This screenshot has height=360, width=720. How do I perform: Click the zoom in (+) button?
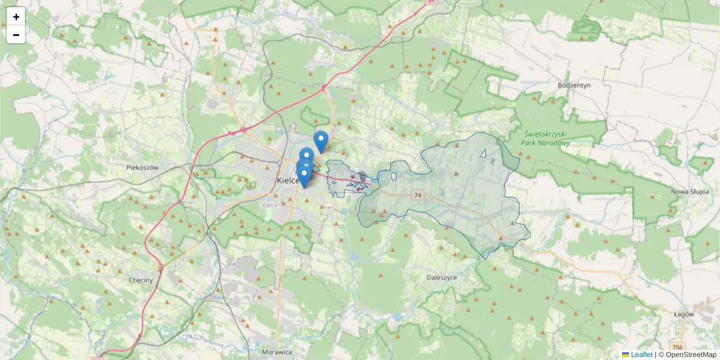tap(16, 17)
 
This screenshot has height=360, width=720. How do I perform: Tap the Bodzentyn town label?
tap(574, 85)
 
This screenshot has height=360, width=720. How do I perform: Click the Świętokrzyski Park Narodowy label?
tap(545, 139)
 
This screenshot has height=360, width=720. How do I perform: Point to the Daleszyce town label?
tap(442, 278)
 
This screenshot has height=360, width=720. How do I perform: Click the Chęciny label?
tap(141, 280)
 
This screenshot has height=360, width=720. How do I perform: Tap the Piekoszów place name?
tap(143, 168)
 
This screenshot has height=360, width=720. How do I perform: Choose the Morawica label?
tap(277, 352)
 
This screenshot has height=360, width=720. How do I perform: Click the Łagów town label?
tap(683, 314)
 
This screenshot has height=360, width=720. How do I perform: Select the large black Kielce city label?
tap(288, 180)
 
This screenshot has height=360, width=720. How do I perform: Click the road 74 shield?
tap(418, 196)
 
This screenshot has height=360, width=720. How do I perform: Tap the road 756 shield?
tap(677, 347)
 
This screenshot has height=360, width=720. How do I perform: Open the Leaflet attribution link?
tap(641, 355)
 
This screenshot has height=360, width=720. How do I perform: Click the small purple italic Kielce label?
tap(269, 205)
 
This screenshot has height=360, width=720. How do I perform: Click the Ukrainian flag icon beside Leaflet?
tap(625, 355)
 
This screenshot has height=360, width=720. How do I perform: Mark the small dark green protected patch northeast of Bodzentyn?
tap(586, 28)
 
